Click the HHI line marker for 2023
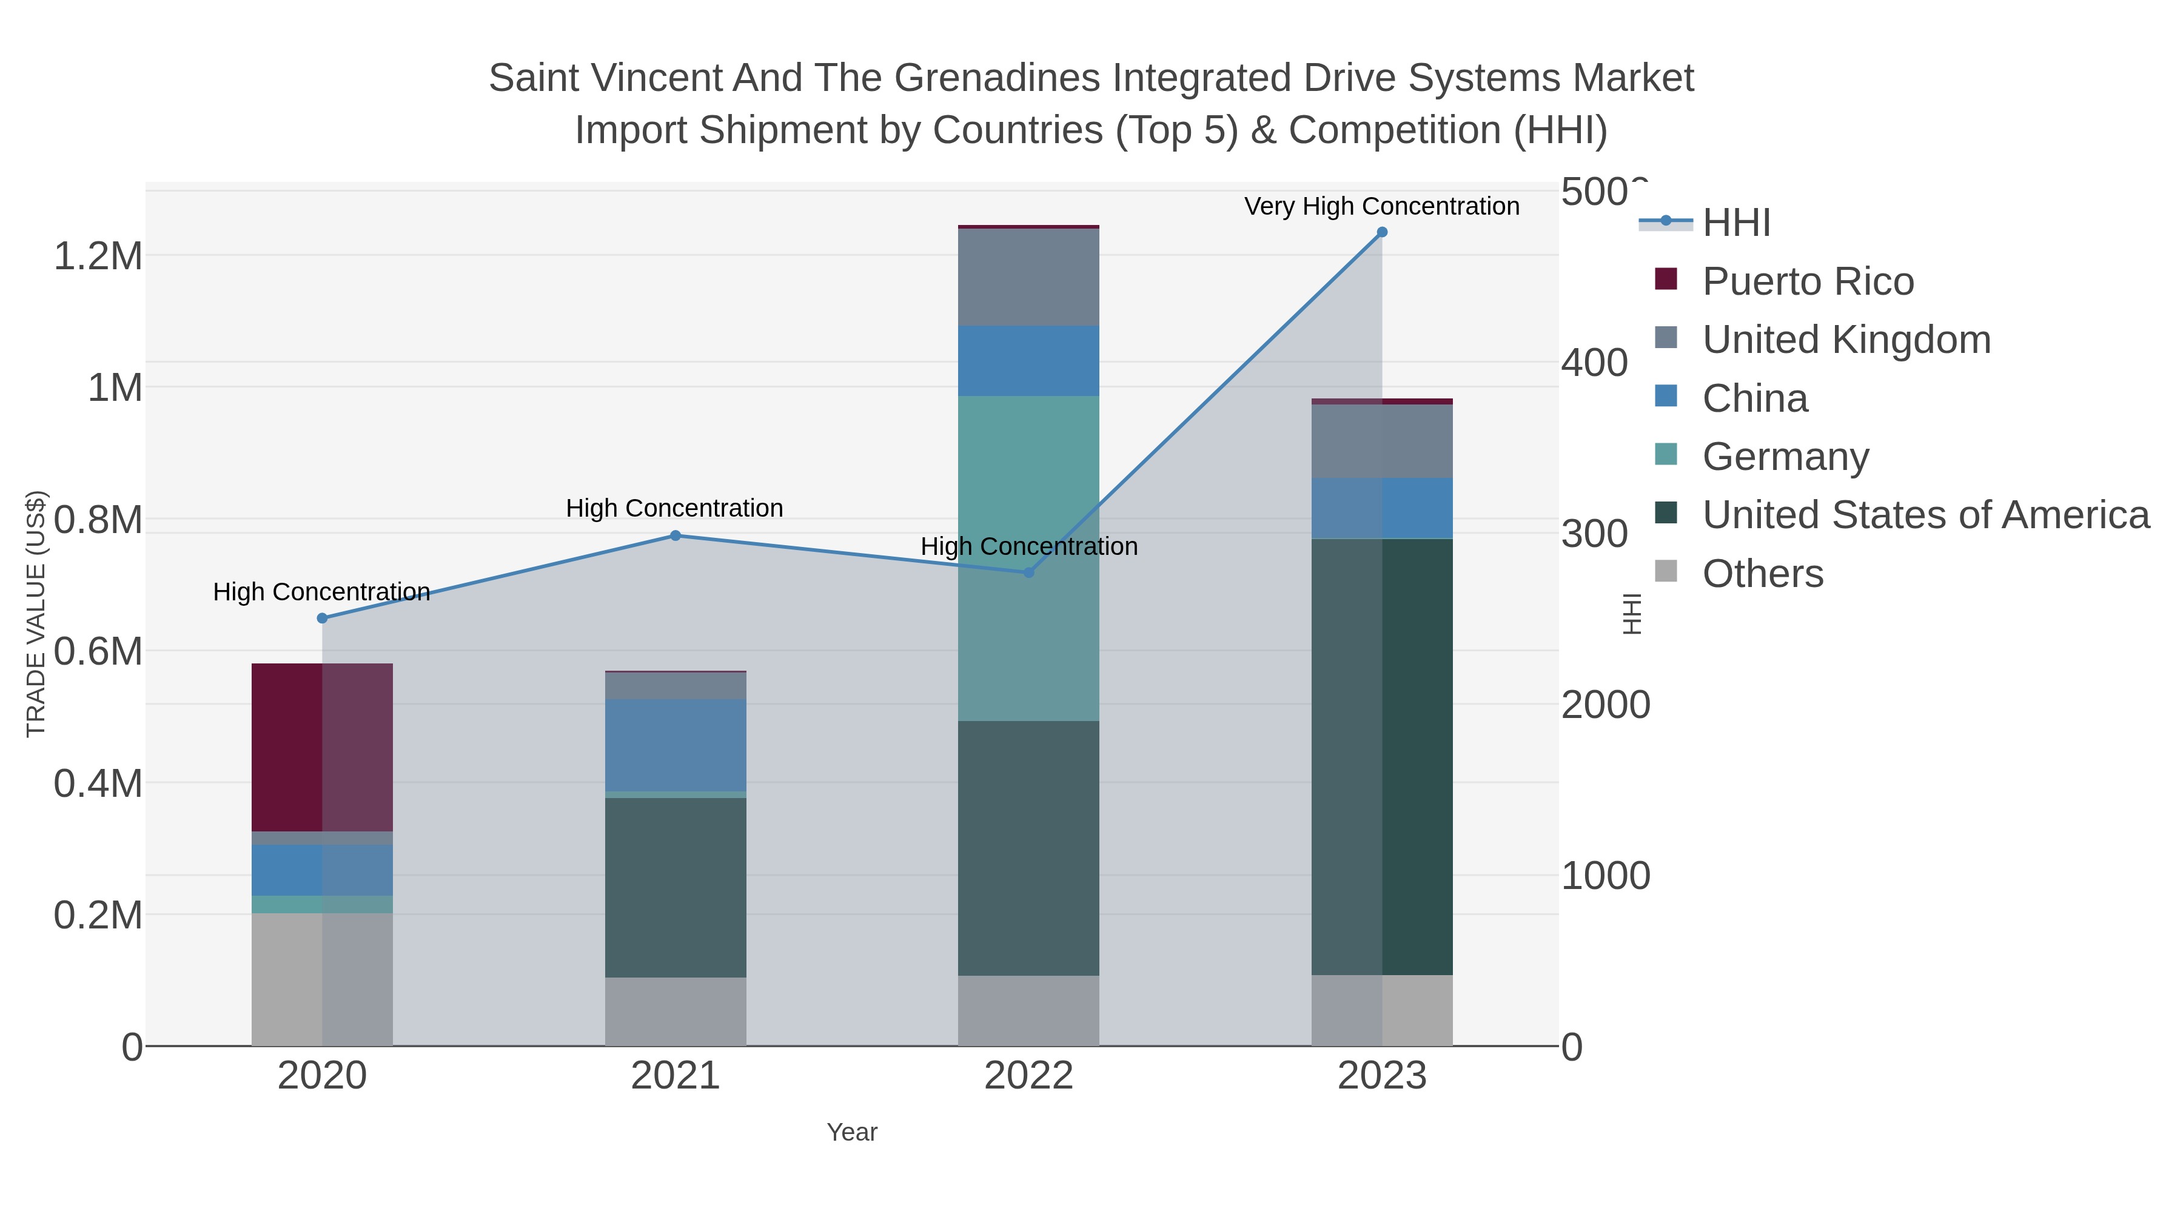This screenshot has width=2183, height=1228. coord(1382,232)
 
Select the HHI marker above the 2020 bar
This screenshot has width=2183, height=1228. coord(322,619)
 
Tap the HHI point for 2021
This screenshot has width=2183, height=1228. coord(676,535)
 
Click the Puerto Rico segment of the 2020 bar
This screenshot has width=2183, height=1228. coord(322,748)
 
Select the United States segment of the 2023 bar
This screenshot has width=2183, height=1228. coord(1382,756)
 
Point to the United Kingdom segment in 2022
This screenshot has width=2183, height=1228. coord(1029,277)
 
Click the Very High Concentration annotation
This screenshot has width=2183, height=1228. coord(1381,206)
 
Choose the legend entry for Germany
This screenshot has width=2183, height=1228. coord(1785,457)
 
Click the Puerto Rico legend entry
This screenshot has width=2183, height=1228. coord(1807,281)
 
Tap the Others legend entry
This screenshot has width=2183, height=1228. coord(1762,574)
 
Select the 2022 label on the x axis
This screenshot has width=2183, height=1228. coord(1029,1075)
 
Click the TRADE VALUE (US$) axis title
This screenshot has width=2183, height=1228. coord(36,614)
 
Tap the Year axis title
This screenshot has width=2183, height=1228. coord(852,1132)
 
